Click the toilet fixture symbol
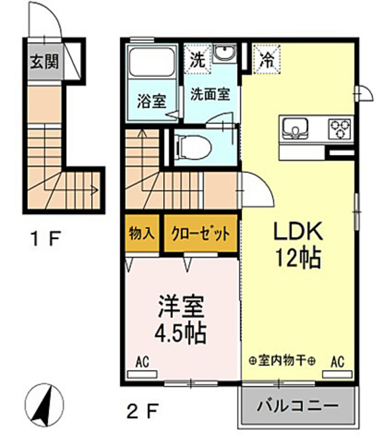tap(189, 145)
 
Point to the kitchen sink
tap(296, 127)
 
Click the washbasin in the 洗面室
tap(223, 54)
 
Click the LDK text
tap(296, 232)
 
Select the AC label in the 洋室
tap(142, 361)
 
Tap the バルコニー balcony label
tap(297, 406)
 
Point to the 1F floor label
tap(45, 239)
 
